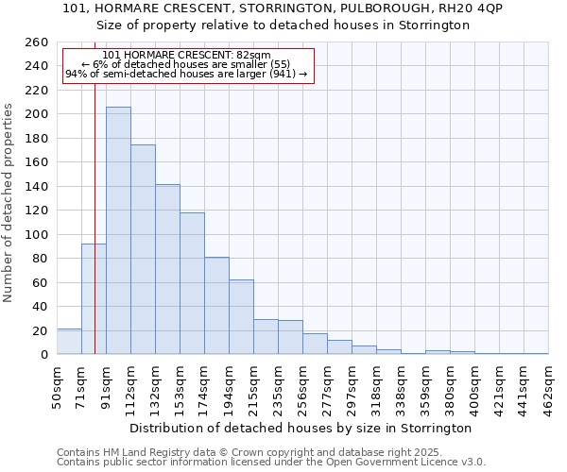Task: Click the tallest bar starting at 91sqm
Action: [x=118, y=230]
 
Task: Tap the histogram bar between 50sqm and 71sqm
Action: [x=69, y=342]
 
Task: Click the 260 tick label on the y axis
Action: [x=36, y=42]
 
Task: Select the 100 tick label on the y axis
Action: [x=36, y=234]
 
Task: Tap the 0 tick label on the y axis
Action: [x=43, y=355]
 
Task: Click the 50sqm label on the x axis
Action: [x=58, y=385]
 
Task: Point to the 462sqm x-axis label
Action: [x=549, y=385]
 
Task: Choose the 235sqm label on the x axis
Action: [x=279, y=385]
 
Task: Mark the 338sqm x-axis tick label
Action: [x=402, y=385]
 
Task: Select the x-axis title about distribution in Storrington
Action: [x=301, y=428]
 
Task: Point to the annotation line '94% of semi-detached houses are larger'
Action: [x=186, y=74]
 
